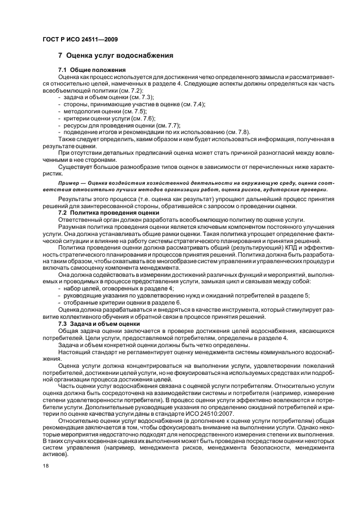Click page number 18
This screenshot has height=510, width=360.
45,465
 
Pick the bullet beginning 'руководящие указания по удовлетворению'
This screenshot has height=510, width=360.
185,295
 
